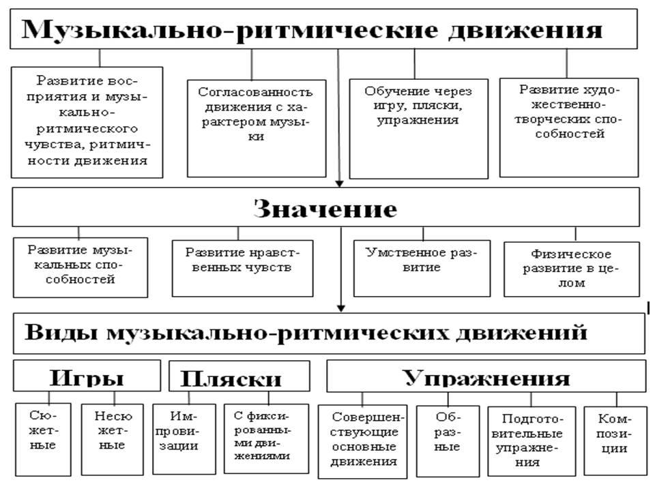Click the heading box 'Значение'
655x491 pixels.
[326, 207]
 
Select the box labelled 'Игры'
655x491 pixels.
[87, 375]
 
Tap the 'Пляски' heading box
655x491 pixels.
[239, 376]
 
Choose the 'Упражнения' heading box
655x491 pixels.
[486, 376]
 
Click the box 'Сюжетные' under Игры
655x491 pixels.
[43, 439]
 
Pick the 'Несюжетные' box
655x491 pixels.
[113, 439]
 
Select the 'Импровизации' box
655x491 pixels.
[184, 438]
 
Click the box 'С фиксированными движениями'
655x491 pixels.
[267, 438]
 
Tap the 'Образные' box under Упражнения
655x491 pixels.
[448, 441]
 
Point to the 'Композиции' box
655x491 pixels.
[615, 441]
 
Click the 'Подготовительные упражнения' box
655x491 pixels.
[532, 441]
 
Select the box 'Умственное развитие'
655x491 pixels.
[422, 268]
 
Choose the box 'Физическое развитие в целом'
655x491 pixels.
[572, 269]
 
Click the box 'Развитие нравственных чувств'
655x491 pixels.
[243, 268]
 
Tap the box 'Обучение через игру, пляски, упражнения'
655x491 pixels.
[418, 129]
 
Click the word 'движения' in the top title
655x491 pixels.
[525, 30]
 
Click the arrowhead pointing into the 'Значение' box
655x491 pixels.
[339, 183]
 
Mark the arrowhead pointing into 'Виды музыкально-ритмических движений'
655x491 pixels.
[341, 308]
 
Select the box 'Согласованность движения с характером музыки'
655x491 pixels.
[257, 128]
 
